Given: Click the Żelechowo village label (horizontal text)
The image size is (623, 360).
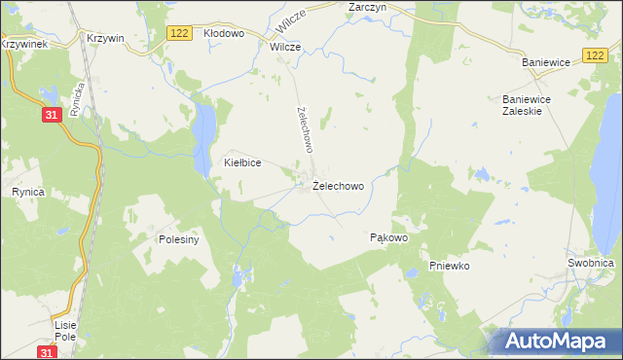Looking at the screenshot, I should tap(339, 185).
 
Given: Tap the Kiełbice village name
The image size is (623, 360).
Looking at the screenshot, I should tap(242, 163).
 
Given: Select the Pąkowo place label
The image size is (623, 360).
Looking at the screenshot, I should tap(388, 237).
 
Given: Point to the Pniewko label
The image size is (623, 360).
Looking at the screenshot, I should tap(450, 266).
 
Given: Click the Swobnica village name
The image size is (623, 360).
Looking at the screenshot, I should tap(590, 264).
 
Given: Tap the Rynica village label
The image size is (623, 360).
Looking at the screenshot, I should tap(27, 193).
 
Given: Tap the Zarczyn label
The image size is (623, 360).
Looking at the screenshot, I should tap(368, 7).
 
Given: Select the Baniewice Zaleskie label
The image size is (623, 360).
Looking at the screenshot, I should tap(528, 105).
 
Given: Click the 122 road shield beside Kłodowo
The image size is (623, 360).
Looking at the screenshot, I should tap(178, 33).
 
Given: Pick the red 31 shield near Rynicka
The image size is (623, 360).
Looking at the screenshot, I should tap(53, 115).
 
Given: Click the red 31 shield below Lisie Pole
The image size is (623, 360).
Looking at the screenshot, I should tap(46, 351).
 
